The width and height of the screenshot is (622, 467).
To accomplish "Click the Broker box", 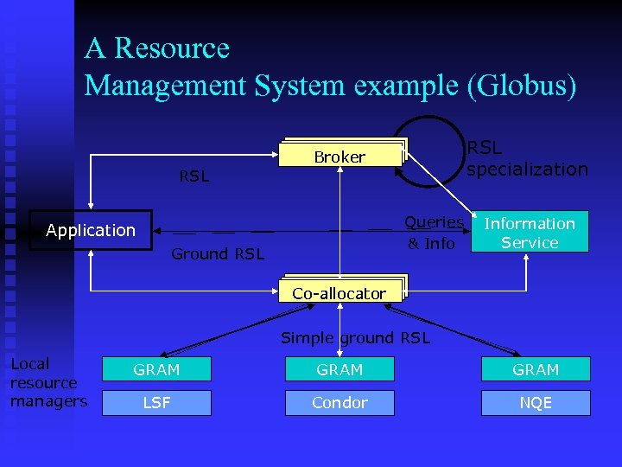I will click(x=340, y=157).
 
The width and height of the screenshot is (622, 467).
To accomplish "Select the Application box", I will click(x=91, y=230).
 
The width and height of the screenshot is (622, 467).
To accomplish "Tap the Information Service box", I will click(x=530, y=233).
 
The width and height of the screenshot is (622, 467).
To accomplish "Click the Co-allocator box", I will click(x=340, y=293).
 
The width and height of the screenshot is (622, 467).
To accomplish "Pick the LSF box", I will click(x=156, y=403).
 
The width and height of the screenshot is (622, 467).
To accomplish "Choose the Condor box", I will click(x=340, y=403).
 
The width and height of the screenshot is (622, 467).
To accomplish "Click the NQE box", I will click(x=536, y=403).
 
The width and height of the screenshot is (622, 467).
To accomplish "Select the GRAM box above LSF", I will click(x=156, y=369).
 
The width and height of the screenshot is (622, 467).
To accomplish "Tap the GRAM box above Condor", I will click(x=340, y=369).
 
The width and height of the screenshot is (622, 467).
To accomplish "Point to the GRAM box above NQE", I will click(x=536, y=369).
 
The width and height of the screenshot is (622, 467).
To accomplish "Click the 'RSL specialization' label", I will click(x=527, y=158).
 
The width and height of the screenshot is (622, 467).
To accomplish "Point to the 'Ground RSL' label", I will click(x=218, y=254).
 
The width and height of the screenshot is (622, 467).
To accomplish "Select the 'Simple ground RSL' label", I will click(x=355, y=338).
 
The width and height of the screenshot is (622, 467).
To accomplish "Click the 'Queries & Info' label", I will click(x=434, y=233).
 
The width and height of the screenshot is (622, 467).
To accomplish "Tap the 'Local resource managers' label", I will click(x=48, y=382).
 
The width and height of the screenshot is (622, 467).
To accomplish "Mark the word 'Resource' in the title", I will click(x=172, y=48).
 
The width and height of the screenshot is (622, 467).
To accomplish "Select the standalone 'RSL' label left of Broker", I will click(x=194, y=176).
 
